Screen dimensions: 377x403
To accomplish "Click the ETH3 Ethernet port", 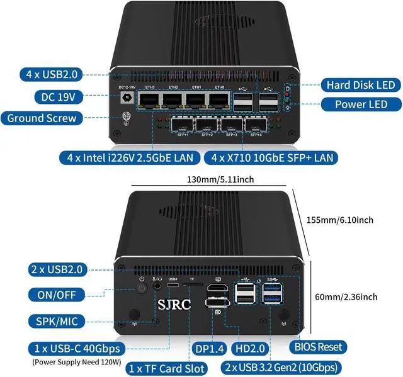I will [150, 100].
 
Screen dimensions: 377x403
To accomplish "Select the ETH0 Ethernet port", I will [219, 100].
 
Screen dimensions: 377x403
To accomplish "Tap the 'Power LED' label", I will [360, 104].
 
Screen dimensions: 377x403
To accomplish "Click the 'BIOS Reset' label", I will [319, 347].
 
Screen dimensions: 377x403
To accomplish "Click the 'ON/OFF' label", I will [55, 295].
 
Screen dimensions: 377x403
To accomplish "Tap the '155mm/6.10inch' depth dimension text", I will [340, 220].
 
